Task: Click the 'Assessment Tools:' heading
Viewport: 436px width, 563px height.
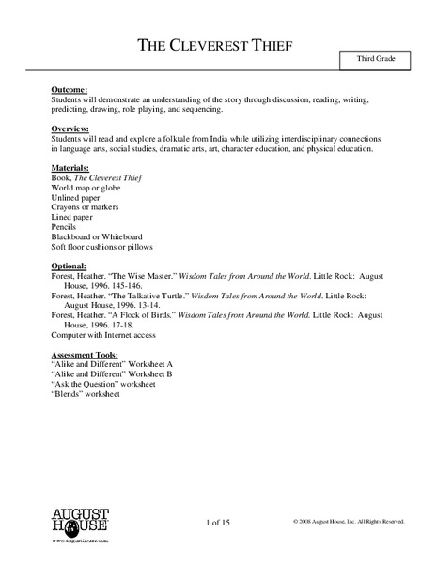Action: coord(88,354)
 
